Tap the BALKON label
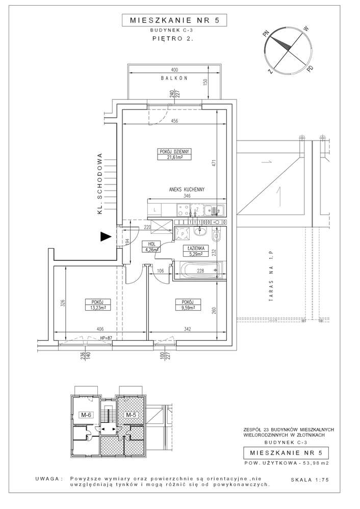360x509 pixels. pos(174,78)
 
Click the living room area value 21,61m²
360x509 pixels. pos(174,158)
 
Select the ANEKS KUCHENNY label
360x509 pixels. pos(187,190)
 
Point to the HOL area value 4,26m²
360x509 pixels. pos(151,250)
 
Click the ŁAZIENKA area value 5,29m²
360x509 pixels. pos(193,253)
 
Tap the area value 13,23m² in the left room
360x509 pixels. pos(95,307)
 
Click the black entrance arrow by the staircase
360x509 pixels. pos(105,236)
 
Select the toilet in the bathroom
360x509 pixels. pos(216,236)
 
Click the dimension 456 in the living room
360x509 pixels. pos(174,121)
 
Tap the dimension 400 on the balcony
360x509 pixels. pos(174,69)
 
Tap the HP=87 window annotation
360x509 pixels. pos(106,337)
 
